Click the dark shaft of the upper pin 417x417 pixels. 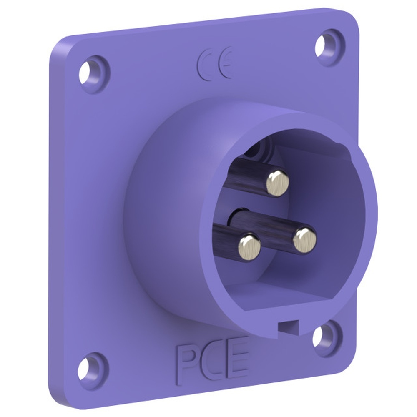(246, 175)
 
